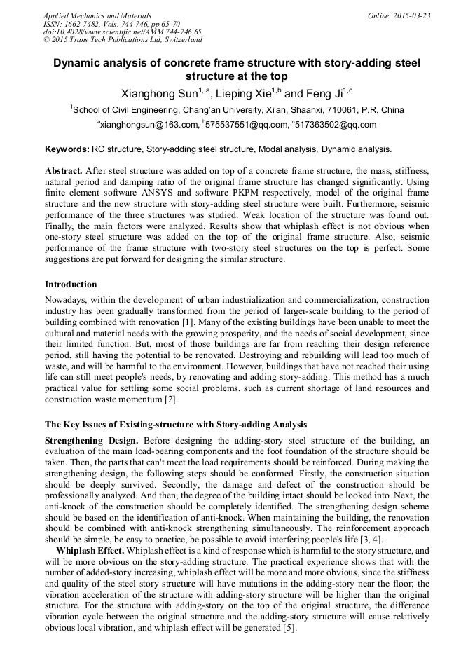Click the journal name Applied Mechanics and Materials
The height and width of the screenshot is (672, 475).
[88, 15]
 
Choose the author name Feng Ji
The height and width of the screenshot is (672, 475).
[326, 94]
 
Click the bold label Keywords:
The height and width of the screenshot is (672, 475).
[67, 149]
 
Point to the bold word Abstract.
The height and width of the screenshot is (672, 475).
[64, 171]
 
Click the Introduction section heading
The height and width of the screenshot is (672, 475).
[71, 284]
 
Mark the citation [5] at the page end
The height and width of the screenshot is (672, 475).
[291, 629]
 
